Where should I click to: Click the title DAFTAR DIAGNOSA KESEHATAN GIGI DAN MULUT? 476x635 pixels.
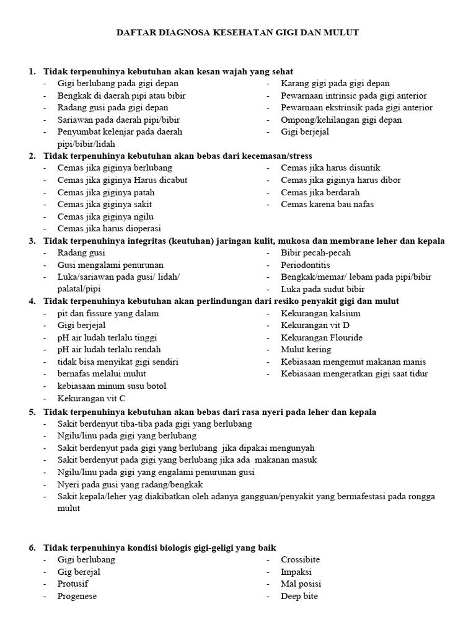point(237,32)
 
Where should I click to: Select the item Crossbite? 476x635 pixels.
point(301,559)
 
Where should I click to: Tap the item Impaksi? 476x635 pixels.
point(296,572)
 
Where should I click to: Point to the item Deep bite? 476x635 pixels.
point(300,596)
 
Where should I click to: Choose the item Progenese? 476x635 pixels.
point(77,596)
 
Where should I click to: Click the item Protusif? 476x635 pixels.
point(73,584)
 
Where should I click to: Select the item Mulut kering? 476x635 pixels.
point(306,350)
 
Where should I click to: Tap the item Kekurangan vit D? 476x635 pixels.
point(315,326)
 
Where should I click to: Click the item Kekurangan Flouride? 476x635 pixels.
point(322,338)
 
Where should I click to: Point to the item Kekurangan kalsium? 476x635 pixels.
point(320,313)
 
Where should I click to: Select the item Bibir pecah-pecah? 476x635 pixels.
point(315,252)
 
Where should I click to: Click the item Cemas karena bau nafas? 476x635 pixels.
point(327,204)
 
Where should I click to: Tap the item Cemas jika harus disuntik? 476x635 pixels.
point(330,167)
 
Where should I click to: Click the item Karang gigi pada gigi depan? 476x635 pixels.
point(335,83)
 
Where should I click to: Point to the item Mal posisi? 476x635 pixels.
point(301,584)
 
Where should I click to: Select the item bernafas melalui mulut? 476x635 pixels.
point(102,374)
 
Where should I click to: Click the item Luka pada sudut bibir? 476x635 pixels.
point(323,289)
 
